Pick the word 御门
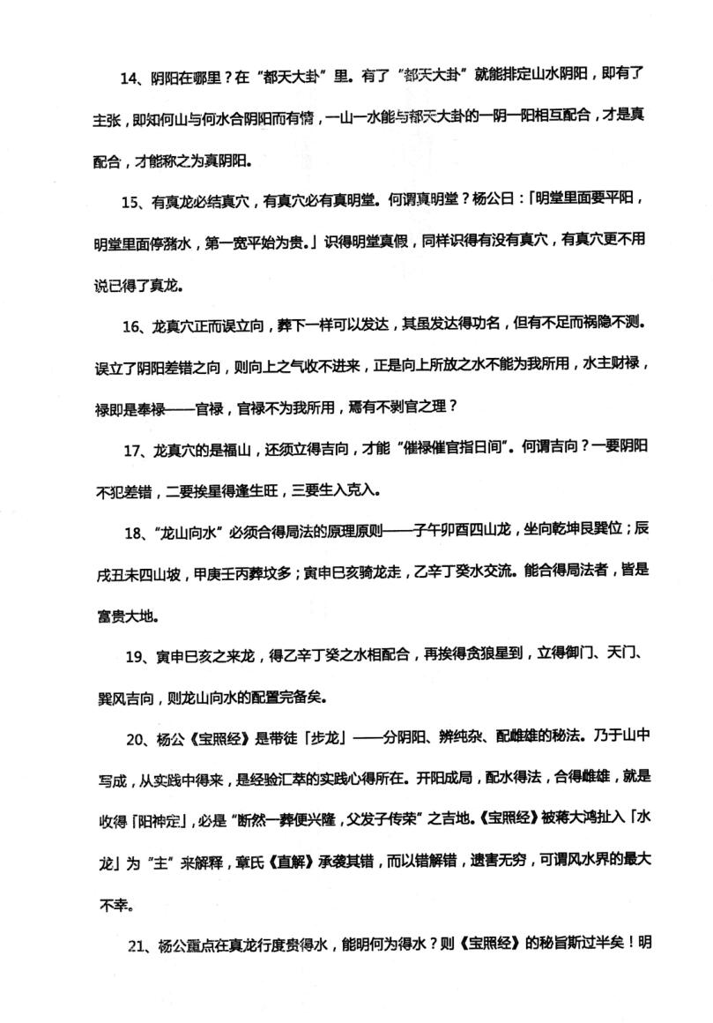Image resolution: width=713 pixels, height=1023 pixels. tap(568, 655)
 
